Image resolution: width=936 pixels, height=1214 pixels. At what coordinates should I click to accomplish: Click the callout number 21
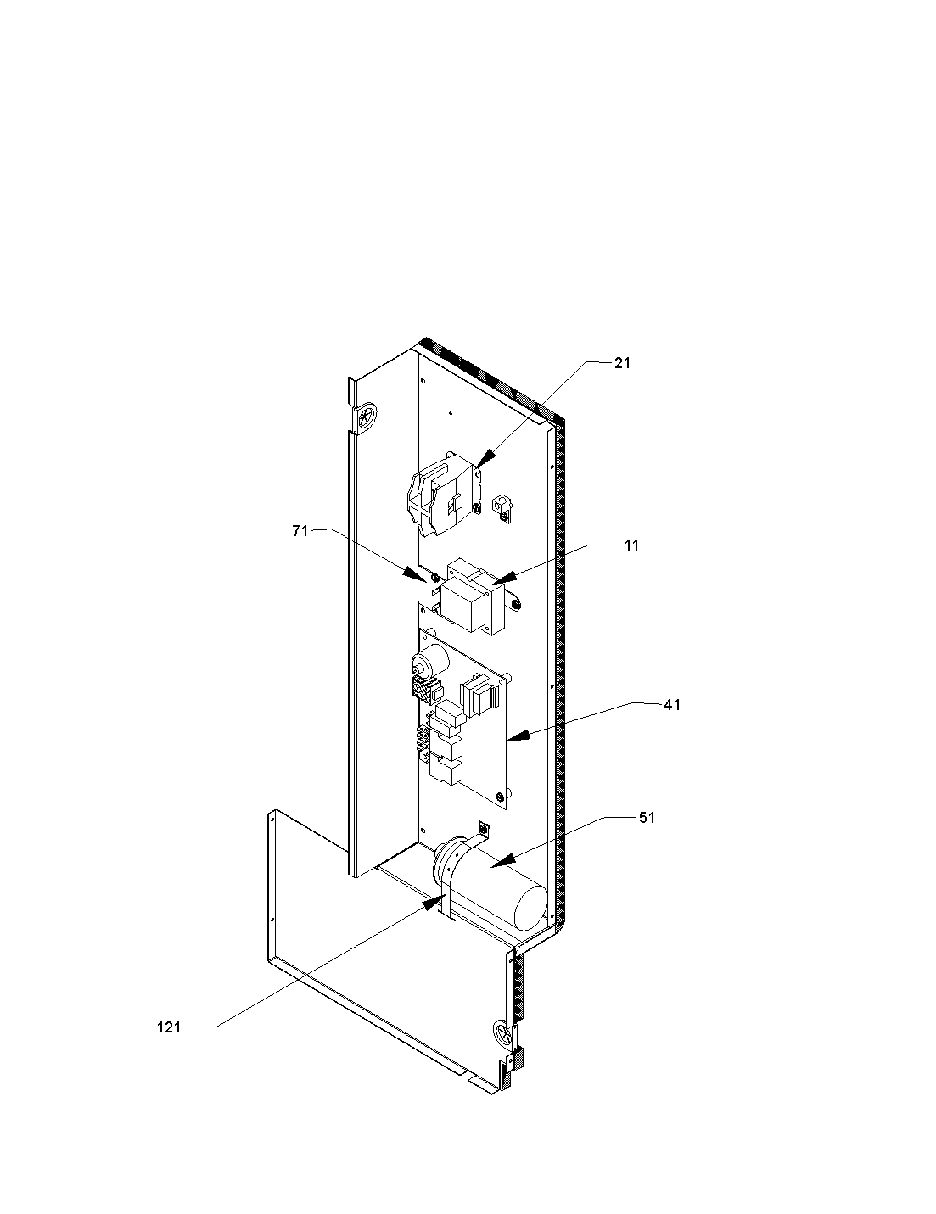click(622, 363)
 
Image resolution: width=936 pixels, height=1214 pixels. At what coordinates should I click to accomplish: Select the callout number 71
click(300, 531)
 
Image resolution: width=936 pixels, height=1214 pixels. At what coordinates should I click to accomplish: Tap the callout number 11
click(631, 545)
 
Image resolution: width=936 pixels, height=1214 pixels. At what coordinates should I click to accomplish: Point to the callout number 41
click(672, 705)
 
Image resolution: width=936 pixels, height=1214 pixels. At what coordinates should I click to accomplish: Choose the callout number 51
click(647, 818)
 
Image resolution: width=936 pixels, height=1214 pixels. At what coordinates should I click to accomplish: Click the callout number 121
click(169, 1027)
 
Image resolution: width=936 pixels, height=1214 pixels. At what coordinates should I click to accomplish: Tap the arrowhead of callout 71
click(414, 574)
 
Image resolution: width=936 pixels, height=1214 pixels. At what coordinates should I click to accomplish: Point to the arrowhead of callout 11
click(503, 579)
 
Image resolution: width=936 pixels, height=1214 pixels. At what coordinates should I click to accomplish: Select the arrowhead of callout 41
click(518, 736)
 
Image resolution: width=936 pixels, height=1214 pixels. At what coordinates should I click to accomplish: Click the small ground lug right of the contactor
click(501, 506)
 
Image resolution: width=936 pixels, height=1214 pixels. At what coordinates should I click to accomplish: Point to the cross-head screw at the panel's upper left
click(367, 417)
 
